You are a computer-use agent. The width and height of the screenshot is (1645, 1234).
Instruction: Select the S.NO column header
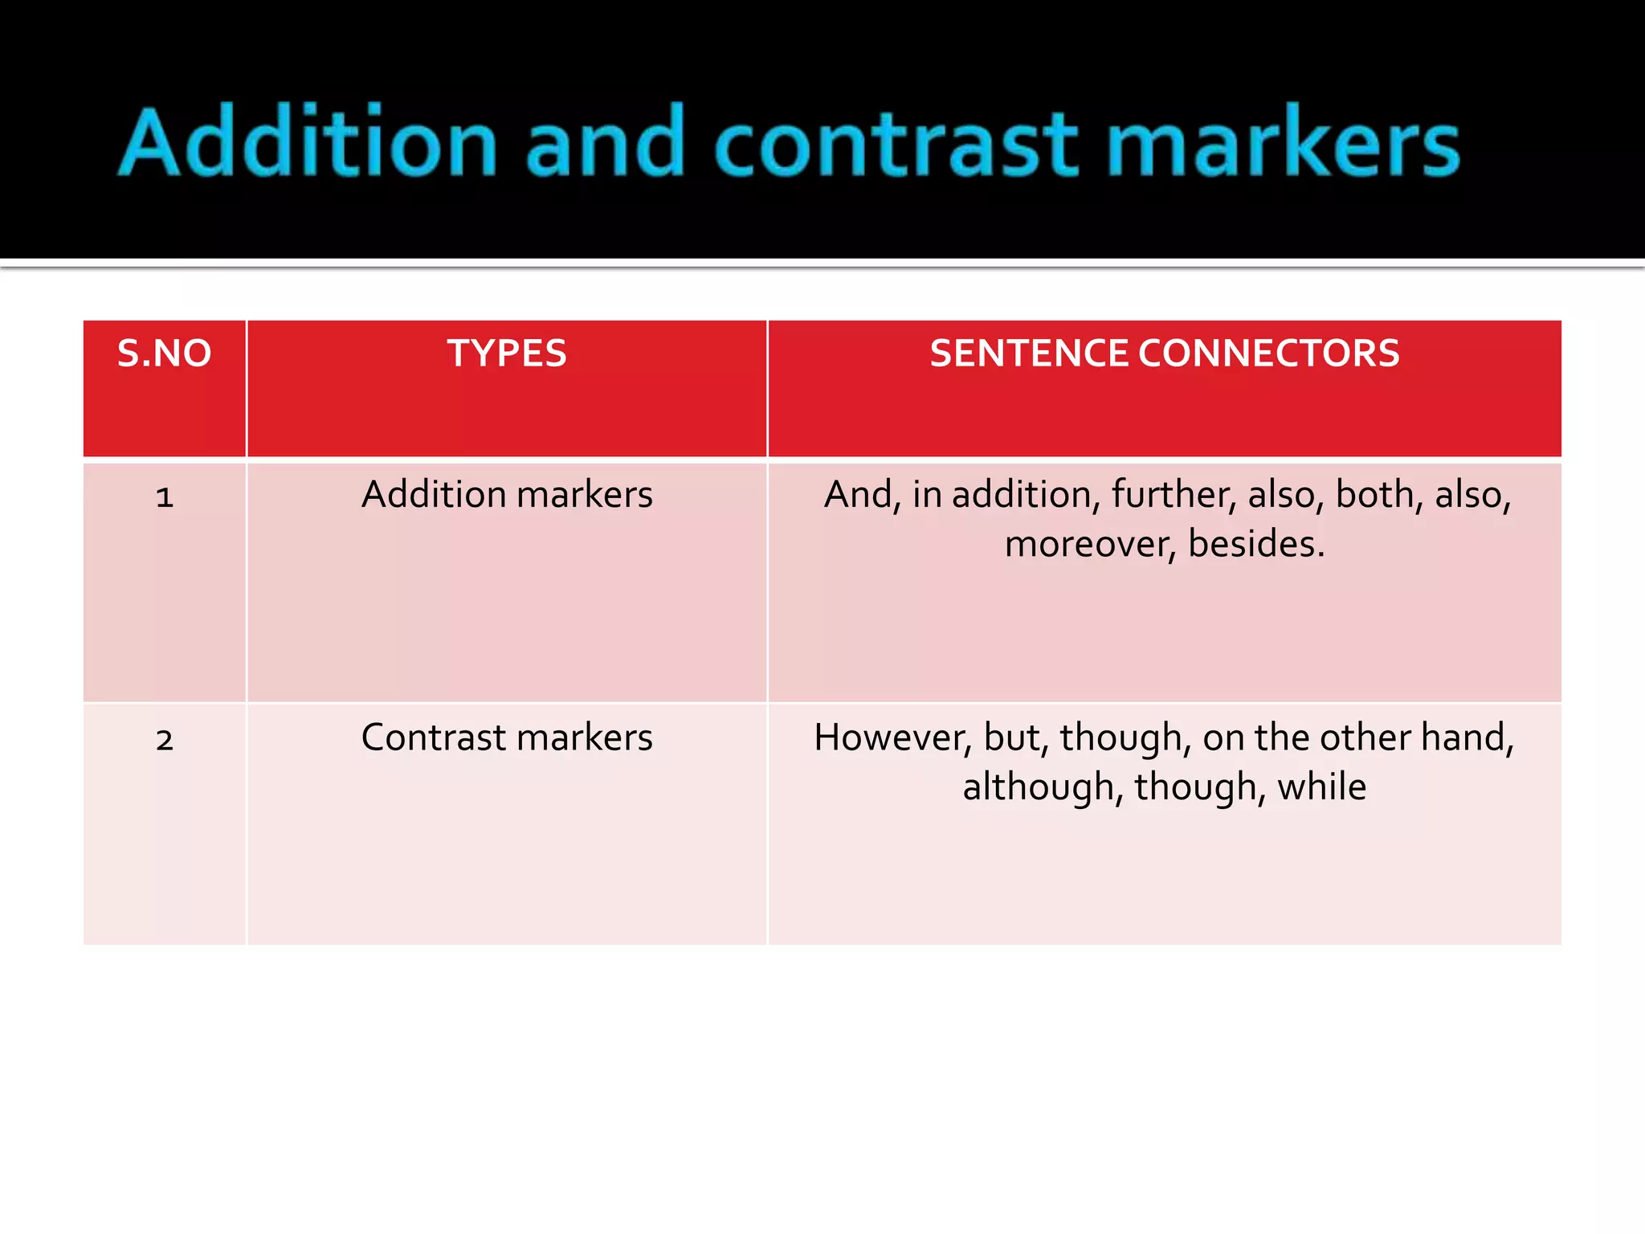164,353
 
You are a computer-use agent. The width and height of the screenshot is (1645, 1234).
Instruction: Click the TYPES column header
507,353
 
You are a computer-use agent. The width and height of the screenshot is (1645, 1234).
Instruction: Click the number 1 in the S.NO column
165,497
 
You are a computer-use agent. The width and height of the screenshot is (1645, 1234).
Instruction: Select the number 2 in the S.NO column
165,740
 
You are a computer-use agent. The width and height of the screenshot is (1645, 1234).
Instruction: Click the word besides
1255,545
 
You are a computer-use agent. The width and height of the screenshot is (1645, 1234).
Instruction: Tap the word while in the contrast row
1321,787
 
